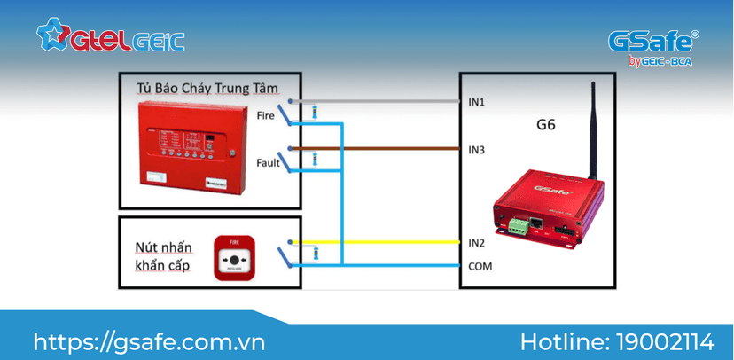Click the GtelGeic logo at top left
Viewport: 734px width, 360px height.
tap(110, 36)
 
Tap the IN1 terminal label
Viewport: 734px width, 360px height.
tap(477, 103)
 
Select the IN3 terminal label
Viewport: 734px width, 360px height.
tap(477, 149)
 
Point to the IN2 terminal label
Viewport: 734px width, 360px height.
tap(477, 242)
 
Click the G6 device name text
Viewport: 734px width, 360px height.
tap(546, 126)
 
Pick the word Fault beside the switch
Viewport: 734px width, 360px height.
tap(268, 163)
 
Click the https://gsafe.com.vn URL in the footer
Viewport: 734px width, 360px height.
tap(149, 340)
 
